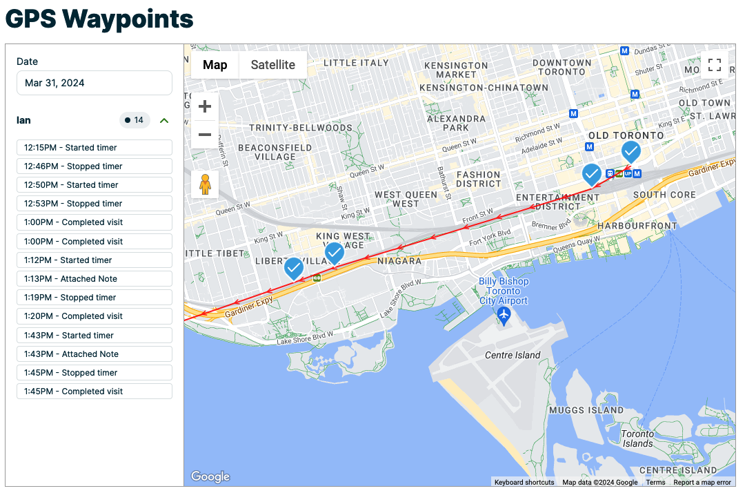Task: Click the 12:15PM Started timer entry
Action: [x=94, y=148]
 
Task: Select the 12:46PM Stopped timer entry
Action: [x=94, y=166]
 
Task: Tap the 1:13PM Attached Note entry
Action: [x=94, y=279]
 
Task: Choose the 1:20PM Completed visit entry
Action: [x=94, y=316]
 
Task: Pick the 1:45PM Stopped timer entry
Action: [x=94, y=373]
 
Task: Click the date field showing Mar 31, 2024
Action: [x=94, y=83]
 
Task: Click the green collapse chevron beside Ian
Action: [x=164, y=121]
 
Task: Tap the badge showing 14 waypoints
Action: [x=135, y=121]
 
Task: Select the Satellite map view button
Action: [x=272, y=66]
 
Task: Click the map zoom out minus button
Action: [x=205, y=135]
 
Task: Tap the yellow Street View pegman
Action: [x=205, y=184]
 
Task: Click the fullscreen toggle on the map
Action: [x=715, y=66]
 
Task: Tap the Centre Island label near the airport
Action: [x=513, y=355]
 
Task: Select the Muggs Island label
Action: [x=586, y=410]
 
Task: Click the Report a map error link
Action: [x=702, y=483]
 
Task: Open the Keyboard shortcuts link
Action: [x=524, y=483]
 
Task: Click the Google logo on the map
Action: [x=210, y=476]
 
